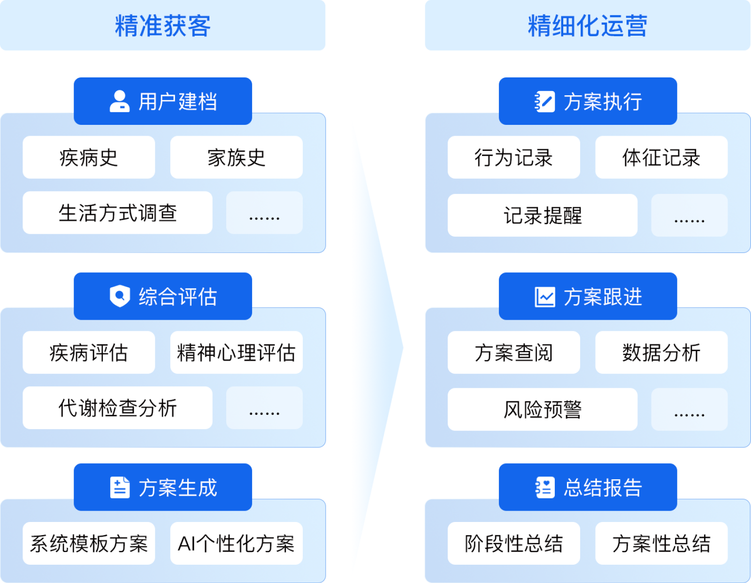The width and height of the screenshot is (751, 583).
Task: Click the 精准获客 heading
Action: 162,25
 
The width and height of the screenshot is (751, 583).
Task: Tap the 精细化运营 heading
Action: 588,25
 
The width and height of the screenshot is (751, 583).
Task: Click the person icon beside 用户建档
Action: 120,101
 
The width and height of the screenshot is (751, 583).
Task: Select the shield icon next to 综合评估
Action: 120,296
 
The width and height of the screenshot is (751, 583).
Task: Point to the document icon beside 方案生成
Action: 120,487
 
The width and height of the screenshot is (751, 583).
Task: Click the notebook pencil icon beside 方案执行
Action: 544,101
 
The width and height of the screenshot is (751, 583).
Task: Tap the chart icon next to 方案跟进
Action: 545,297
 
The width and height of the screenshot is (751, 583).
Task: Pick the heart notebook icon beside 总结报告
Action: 545,488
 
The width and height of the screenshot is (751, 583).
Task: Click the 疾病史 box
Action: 89,157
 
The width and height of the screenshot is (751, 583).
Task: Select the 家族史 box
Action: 237,157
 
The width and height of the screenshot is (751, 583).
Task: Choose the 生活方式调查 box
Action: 117,213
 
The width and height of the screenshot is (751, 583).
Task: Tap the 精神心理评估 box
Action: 237,353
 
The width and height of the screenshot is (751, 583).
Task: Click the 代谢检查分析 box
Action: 117,408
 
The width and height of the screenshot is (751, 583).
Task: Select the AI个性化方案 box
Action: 237,543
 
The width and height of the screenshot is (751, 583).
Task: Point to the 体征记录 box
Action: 661,157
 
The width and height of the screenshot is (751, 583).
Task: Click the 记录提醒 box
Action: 543,215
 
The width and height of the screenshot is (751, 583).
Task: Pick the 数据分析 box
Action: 661,353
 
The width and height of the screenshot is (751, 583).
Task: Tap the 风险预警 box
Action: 543,409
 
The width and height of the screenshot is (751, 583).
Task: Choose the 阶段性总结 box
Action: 514,543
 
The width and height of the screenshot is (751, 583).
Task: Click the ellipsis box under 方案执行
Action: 690,215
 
